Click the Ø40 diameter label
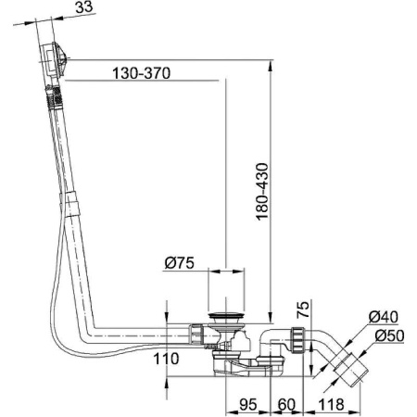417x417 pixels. [x=383, y=318]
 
